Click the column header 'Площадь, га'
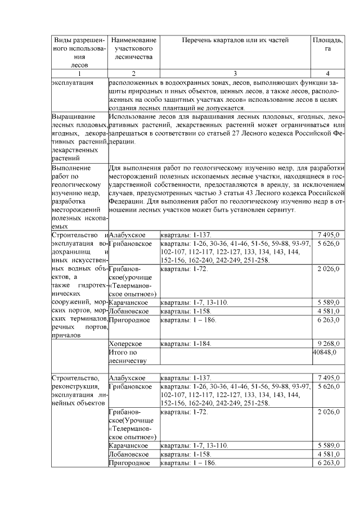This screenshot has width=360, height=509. click(327, 44)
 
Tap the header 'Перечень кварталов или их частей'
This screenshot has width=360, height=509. click(235, 40)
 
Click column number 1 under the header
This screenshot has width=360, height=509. click(79, 73)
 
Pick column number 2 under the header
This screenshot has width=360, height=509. click(133, 73)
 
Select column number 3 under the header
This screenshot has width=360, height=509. click(235, 73)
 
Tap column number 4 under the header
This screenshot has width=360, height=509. click(327, 73)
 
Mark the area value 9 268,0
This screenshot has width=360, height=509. click(328, 343)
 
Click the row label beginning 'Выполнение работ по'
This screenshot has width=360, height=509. click(79, 197)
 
